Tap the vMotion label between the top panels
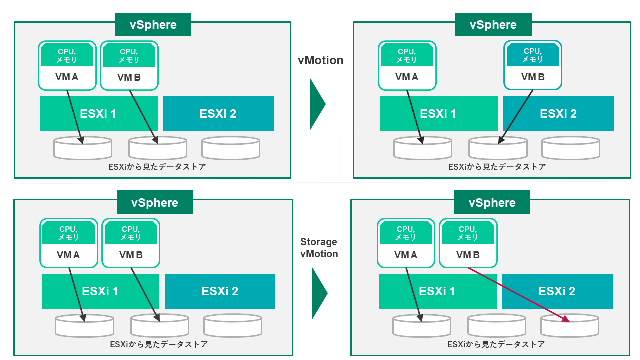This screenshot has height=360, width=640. coord(320,60)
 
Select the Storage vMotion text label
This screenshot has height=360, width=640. coord(319,248)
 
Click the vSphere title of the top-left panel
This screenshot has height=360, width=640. coord(153,25)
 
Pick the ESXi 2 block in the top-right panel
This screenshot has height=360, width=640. coord(558,114)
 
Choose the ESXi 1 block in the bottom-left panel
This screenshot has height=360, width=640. coord(100,291)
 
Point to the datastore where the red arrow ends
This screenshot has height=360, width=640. coord(570,326)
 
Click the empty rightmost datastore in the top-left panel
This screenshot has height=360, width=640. coord(231,148)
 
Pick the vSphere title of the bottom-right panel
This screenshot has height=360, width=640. coord(492,203)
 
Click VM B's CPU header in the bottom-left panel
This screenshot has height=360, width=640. coord(131,233)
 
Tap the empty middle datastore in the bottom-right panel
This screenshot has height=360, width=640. coord(496,326)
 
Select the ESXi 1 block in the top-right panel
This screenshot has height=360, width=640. coord(438,114)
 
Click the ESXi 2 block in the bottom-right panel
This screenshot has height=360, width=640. coord(557,291)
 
